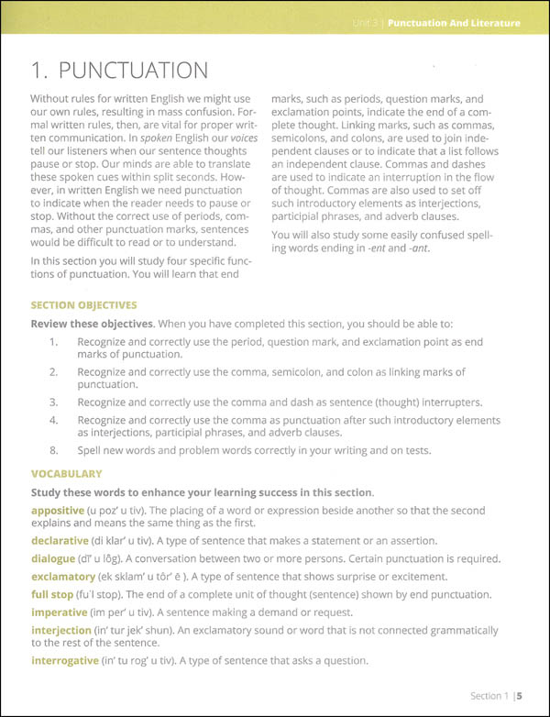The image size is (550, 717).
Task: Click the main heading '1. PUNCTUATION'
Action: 120,70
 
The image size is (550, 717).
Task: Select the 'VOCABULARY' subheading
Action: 66,474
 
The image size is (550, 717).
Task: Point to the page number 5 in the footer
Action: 518,695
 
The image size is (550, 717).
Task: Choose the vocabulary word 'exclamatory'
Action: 63,577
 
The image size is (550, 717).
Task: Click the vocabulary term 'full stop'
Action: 54,594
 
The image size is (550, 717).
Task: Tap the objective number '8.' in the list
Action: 54,450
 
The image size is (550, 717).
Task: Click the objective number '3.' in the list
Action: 54,402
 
